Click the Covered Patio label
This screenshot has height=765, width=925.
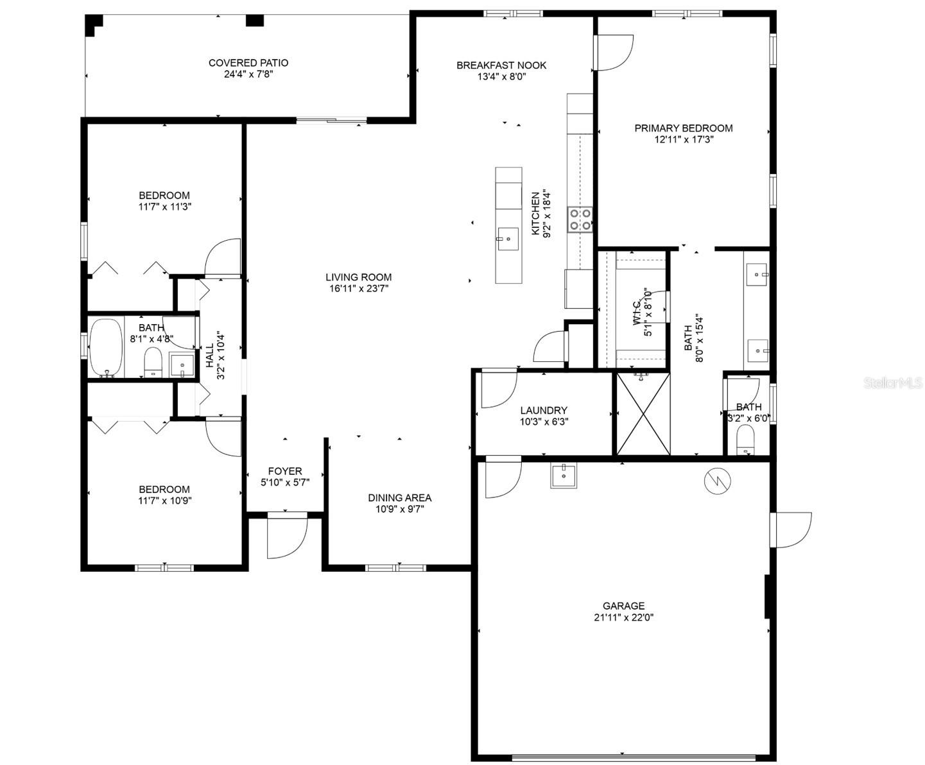(x=248, y=63)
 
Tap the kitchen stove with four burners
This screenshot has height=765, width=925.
(x=580, y=219)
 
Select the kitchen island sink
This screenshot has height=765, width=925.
(x=508, y=239)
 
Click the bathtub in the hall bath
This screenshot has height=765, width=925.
(x=106, y=347)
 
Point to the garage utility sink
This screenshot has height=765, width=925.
(x=564, y=476)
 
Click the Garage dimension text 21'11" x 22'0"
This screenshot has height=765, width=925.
(x=623, y=617)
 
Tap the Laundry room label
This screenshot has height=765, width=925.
(x=544, y=410)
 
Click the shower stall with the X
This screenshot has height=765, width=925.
(x=643, y=414)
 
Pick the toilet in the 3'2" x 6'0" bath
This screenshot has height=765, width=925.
(x=745, y=441)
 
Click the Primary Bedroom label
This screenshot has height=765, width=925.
(x=684, y=128)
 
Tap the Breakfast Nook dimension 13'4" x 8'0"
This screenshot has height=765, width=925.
(x=501, y=76)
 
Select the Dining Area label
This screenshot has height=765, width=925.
(x=399, y=497)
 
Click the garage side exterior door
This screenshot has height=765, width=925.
(x=793, y=529)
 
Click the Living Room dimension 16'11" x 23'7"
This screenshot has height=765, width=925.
(x=358, y=288)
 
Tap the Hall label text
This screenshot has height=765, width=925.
(x=209, y=355)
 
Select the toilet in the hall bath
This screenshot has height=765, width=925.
(x=153, y=363)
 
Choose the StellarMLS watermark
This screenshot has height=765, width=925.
(x=893, y=383)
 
